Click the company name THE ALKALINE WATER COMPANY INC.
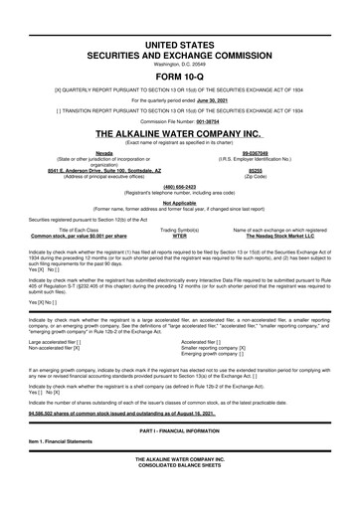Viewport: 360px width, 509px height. (x=179, y=132)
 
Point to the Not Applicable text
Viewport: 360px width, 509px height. (x=179, y=201)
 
